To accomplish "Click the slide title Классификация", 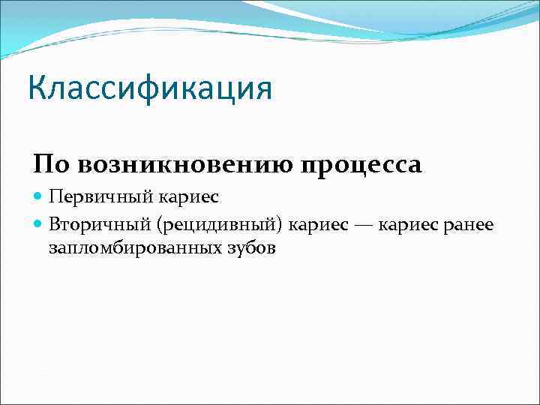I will pyautogui.click(x=150, y=88).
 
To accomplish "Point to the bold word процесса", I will pyautogui.click(x=361, y=165).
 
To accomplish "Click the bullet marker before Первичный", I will pyautogui.click(x=39, y=197).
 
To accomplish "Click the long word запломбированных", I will pyautogui.click(x=136, y=247).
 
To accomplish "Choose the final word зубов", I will pyautogui.click(x=251, y=247).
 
